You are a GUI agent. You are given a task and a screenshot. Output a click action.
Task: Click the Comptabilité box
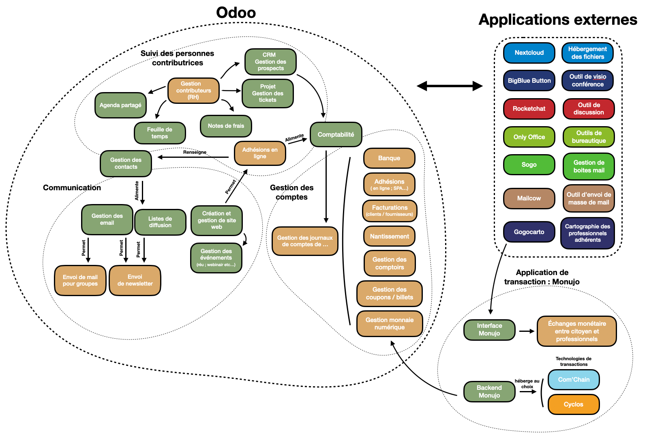tap(336, 135)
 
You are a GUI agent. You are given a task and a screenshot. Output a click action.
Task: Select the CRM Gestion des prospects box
tap(270, 62)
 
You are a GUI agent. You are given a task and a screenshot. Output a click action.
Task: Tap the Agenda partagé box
tap(120, 105)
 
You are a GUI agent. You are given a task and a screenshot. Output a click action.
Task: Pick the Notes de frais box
tap(226, 126)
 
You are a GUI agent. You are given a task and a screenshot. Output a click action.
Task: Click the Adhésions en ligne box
tap(260, 153)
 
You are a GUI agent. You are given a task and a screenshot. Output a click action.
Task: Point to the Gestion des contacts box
tap(126, 163)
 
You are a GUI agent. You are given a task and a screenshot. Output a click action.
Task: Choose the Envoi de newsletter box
tap(135, 280)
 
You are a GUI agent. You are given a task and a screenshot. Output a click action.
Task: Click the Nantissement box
tap(389, 236)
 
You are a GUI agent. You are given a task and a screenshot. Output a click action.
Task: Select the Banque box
tap(389, 158)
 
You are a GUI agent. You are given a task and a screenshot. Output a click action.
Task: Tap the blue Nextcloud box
tap(529, 53)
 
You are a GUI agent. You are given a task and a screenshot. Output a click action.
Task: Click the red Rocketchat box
tap(529, 109)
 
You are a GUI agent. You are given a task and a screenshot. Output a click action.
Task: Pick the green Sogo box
tap(529, 165)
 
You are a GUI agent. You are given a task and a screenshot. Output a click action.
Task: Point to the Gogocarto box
tap(529, 232)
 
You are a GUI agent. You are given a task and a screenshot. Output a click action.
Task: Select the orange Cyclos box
tap(573, 404)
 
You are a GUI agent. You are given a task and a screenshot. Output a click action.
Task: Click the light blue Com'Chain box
tap(574, 380)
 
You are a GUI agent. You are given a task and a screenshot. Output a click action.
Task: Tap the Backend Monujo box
tap(489, 391)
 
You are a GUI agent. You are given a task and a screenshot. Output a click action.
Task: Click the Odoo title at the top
tap(236, 13)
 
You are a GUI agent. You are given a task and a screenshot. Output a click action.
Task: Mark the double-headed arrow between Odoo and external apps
tap(450, 86)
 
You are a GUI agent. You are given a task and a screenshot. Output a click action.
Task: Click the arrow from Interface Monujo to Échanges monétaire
tap(527, 331)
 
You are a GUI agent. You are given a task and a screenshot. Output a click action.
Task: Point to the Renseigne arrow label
tap(195, 152)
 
